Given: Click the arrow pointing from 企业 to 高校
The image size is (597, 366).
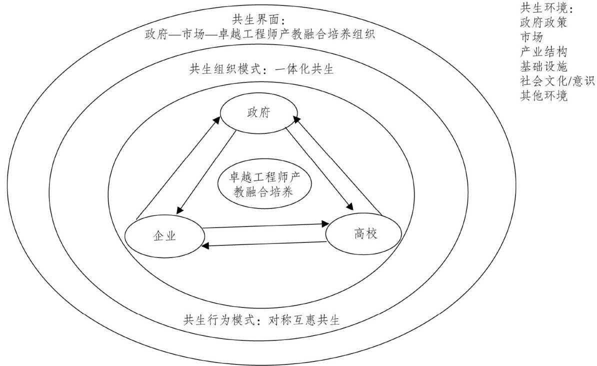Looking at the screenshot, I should tap(265, 226).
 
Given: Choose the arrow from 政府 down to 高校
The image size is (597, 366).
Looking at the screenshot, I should tap(317, 167).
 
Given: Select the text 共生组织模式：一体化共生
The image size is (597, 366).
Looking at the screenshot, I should tap(261, 69).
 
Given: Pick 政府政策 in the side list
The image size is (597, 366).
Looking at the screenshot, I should tap(543, 23).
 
